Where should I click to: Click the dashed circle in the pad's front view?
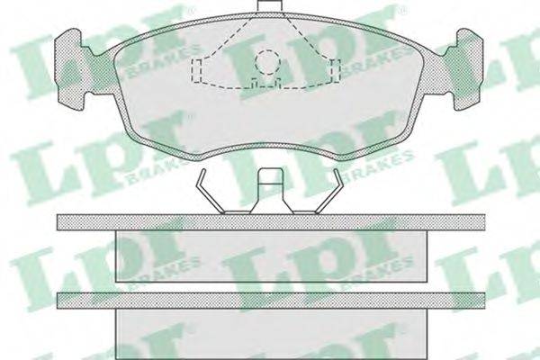(x=268, y=62)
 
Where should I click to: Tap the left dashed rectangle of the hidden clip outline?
(x=197, y=70)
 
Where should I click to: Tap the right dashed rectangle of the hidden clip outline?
(x=336, y=70)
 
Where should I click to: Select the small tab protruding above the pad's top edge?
(x=270, y=6)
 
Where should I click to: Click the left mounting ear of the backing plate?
(x=69, y=69)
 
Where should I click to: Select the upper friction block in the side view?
(x=270, y=256)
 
